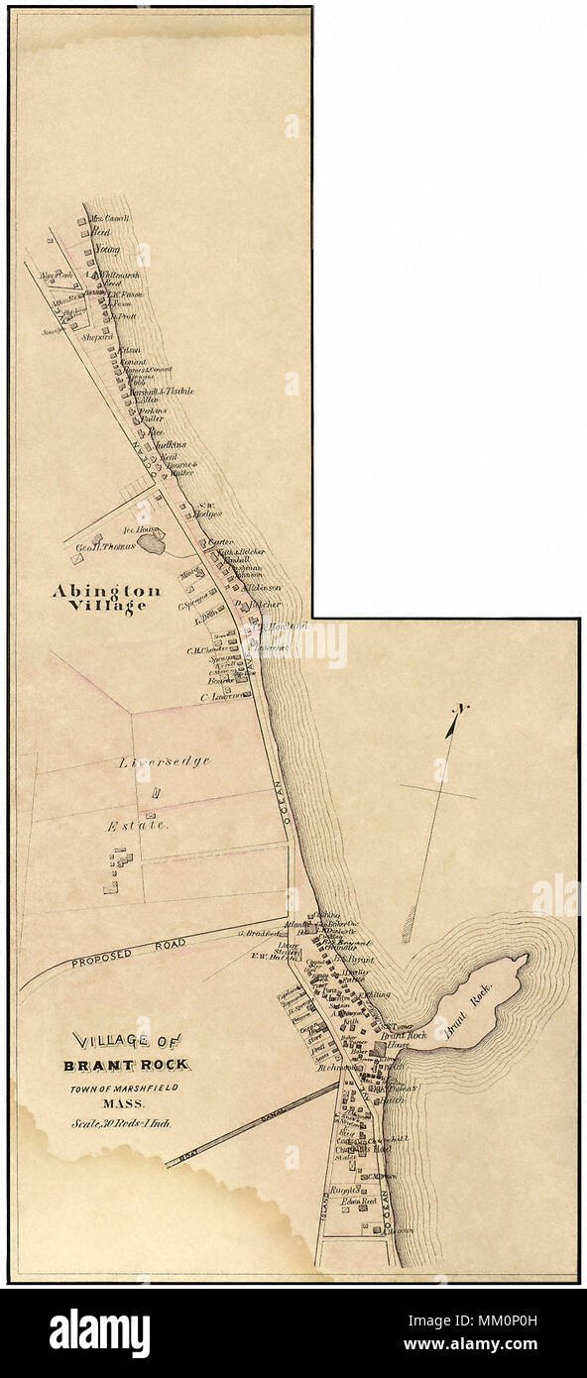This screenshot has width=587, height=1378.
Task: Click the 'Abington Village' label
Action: pyautogui.click(x=99, y=598)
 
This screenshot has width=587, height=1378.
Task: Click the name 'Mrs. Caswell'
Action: pyautogui.click(x=110, y=218)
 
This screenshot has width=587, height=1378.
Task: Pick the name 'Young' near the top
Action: pyautogui.click(x=107, y=250)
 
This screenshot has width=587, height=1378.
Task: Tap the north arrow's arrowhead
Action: pyautogui.click(x=462, y=712)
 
